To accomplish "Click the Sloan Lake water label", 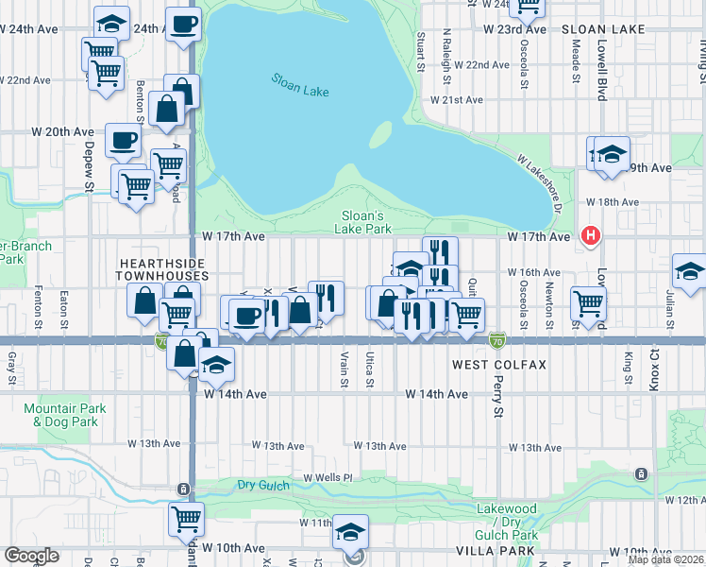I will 300,85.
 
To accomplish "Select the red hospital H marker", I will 591,235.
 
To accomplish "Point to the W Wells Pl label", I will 327,478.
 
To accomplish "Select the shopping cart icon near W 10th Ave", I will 186,518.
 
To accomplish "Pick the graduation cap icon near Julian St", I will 689,270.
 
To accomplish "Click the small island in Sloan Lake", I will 379,135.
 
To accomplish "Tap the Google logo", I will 31,556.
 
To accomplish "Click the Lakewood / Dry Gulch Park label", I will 507,522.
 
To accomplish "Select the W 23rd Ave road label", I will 514,29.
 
